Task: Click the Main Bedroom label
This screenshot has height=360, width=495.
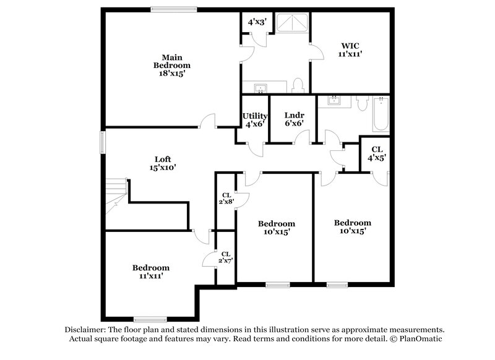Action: tap(171, 65)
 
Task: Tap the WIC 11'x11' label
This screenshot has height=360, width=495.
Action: tap(350, 49)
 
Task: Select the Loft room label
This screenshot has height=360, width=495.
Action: tap(163, 163)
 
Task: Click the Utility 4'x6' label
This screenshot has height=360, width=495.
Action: tap(254, 120)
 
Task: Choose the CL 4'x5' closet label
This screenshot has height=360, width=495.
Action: tap(376, 154)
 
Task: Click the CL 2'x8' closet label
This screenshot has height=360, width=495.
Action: tap(226, 199)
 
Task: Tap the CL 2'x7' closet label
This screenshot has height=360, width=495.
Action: tap(226, 257)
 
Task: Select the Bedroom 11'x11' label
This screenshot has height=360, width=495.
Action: tap(150, 272)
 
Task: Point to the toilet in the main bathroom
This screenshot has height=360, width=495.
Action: tap(298, 84)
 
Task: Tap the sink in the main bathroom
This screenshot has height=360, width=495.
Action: tap(258, 87)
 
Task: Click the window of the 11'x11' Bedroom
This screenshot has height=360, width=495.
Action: tap(150, 320)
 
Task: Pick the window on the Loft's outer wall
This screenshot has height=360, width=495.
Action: tap(103, 142)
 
